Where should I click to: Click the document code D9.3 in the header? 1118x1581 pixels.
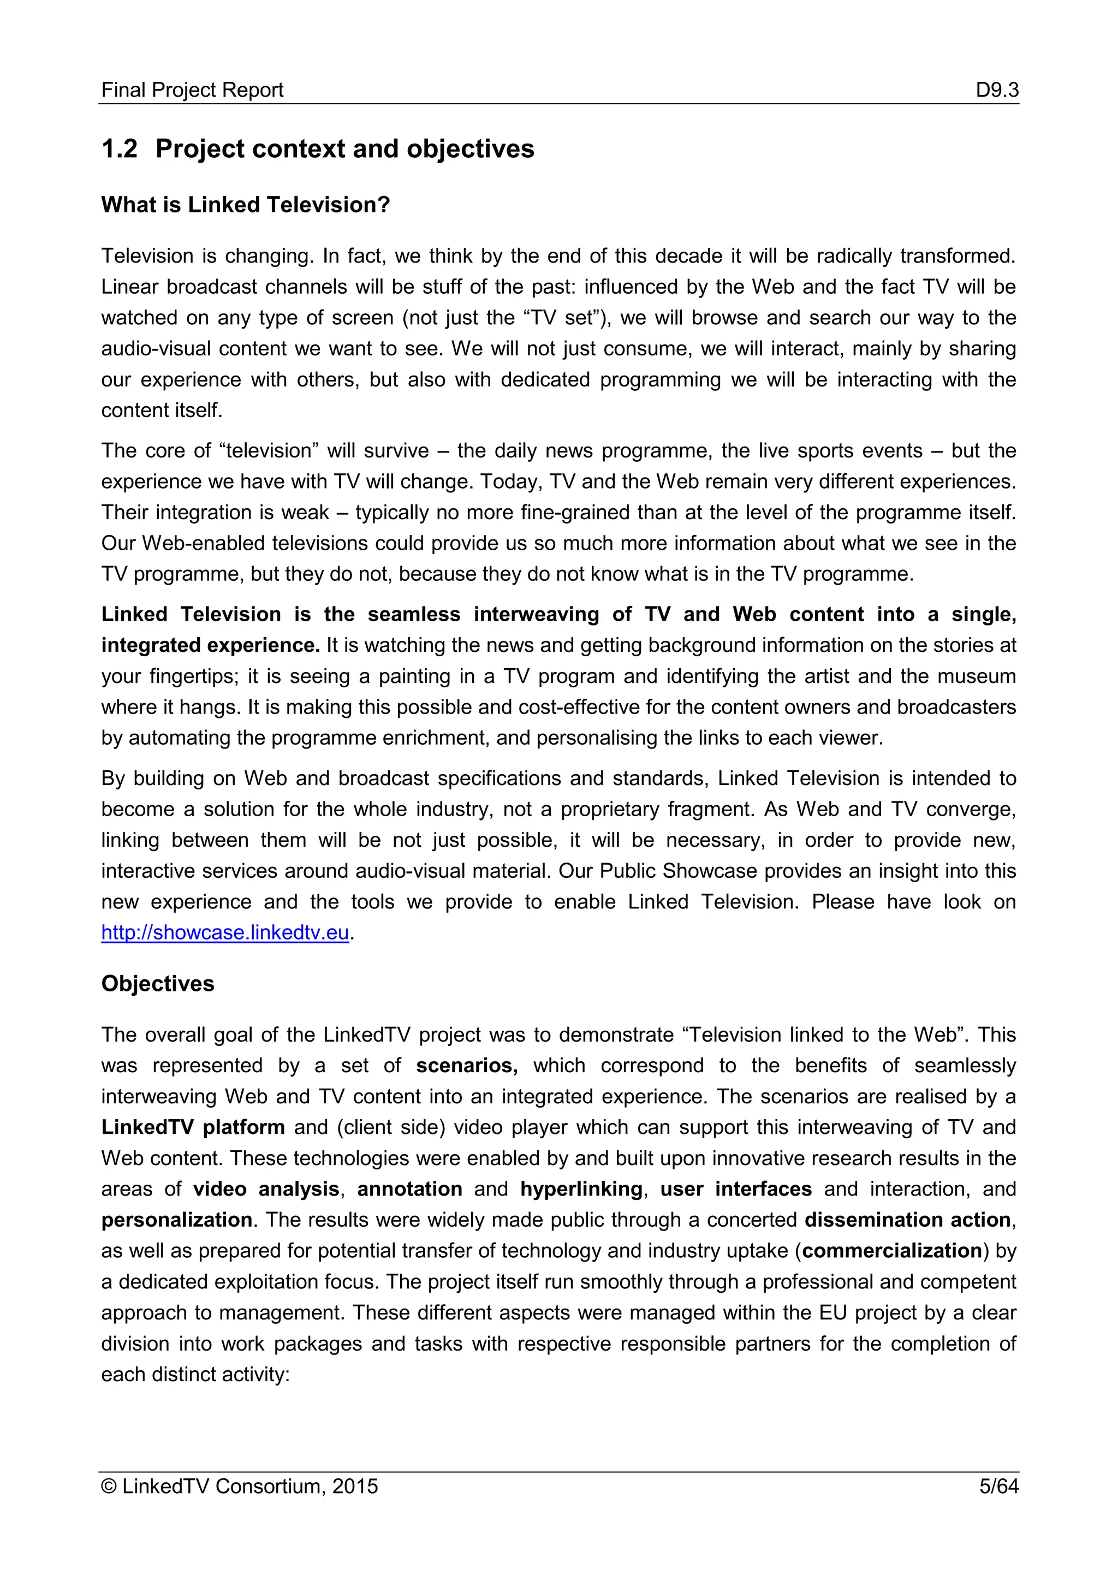pos(997,90)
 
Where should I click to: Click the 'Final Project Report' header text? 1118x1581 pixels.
pos(192,90)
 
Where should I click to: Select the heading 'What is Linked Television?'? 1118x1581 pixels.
pos(246,205)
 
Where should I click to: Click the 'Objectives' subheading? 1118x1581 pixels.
pos(158,983)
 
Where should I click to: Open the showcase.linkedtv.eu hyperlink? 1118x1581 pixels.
pos(225,932)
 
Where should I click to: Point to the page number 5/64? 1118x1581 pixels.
pos(998,1486)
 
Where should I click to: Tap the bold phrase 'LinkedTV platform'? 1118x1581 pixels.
pos(193,1127)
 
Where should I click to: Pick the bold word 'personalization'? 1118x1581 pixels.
pos(177,1220)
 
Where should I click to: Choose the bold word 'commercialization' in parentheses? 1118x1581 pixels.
pos(892,1251)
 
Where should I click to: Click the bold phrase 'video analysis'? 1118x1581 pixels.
pos(266,1189)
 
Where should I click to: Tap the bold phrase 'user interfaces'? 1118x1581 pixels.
pos(736,1189)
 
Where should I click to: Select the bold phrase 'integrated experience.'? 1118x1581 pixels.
pos(211,645)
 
